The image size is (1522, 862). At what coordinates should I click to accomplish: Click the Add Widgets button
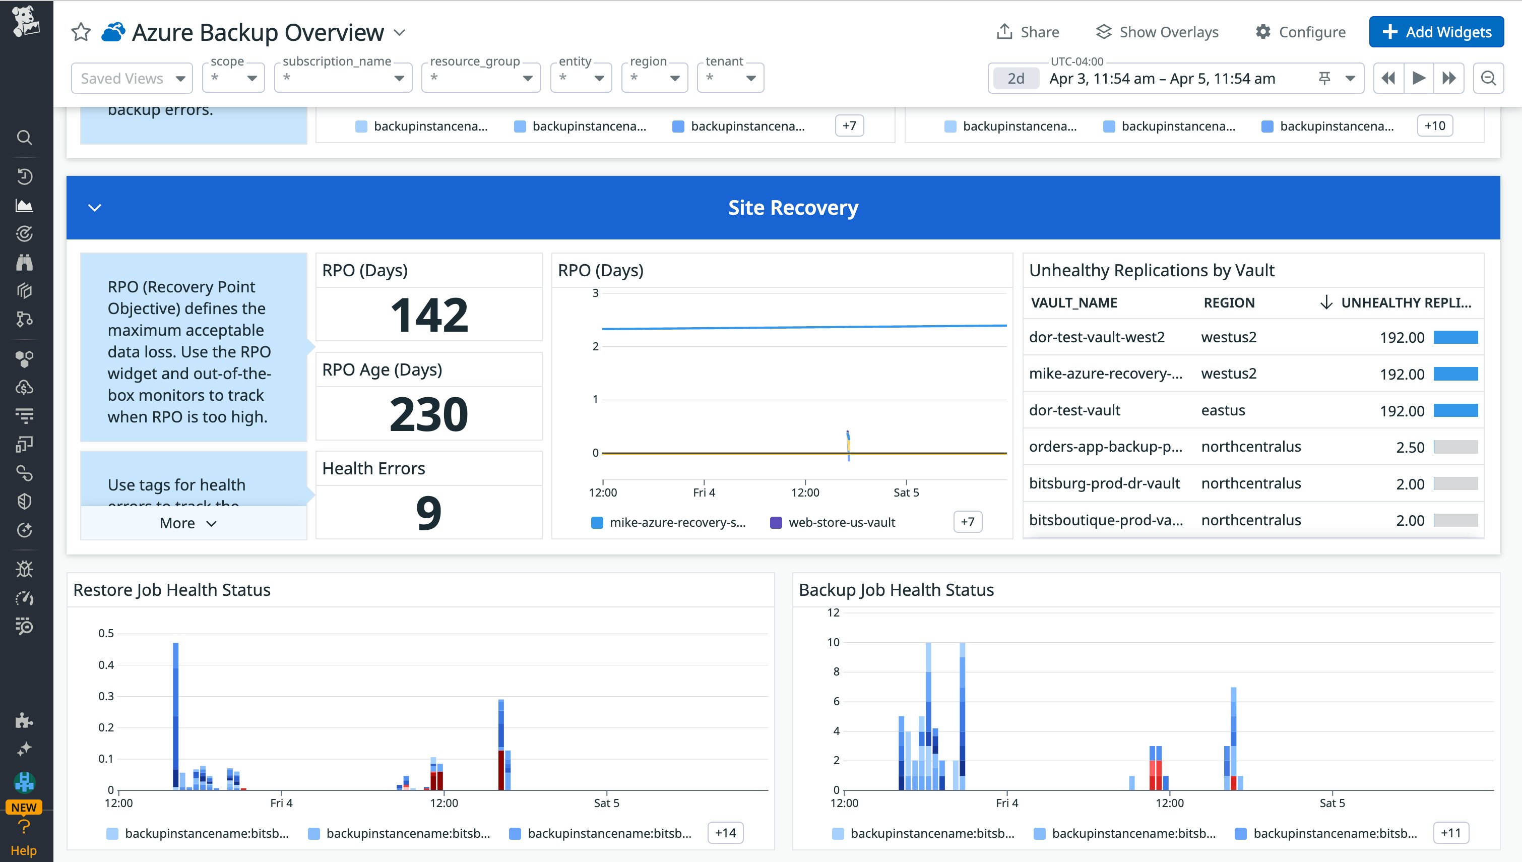[x=1436, y=32]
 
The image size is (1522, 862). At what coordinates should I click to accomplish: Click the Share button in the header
[x=1028, y=32]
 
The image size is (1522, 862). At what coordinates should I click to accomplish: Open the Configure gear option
[x=1300, y=32]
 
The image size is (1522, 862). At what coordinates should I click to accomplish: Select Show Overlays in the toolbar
[x=1157, y=32]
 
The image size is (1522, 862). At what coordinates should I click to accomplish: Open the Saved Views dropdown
[x=132, y=78]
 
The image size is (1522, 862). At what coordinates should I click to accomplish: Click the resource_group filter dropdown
[x=480, y=78]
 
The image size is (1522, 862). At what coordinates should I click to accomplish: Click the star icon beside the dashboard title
[x=81, y=32]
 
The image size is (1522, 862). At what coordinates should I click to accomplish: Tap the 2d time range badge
[x=1016, y=78]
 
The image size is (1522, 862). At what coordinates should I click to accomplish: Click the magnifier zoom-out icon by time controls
[x=1488, y=78]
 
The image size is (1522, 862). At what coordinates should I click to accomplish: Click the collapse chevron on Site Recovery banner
[x=95, y=208]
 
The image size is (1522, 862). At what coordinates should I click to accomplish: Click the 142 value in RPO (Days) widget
[x=429, y=315]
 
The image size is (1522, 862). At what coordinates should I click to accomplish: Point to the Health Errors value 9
[x=429, y=513]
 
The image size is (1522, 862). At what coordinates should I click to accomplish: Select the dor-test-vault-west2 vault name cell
[x=1097, y=337]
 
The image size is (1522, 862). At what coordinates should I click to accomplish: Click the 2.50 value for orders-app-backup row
[x=1410, y=448]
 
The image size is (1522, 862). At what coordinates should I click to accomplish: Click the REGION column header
[x=1229, y=302]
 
